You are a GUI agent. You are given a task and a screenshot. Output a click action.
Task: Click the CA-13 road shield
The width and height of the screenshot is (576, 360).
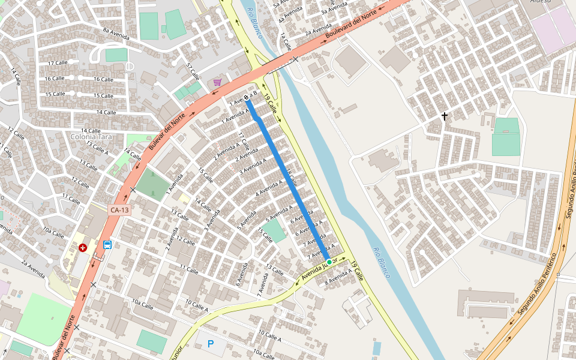click(119, 210)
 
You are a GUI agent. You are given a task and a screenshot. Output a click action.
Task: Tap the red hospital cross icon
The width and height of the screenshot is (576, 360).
click(83, 247)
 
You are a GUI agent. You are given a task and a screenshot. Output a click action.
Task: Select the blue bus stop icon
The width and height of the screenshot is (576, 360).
click(107, 245)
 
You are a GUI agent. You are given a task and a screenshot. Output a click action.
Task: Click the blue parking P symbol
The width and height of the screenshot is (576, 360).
click(210, 344)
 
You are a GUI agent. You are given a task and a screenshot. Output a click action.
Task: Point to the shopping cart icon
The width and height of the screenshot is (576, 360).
click(217, 82)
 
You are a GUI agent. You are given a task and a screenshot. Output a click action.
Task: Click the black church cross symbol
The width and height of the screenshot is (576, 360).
click(445, 116)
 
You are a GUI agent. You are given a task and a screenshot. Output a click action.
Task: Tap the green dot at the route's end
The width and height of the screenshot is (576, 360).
click(329, 262)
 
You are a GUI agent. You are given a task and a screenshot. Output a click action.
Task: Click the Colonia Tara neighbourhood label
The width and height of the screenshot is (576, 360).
click(91, 137)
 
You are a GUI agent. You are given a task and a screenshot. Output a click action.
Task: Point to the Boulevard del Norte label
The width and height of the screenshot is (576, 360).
click(351, 28)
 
